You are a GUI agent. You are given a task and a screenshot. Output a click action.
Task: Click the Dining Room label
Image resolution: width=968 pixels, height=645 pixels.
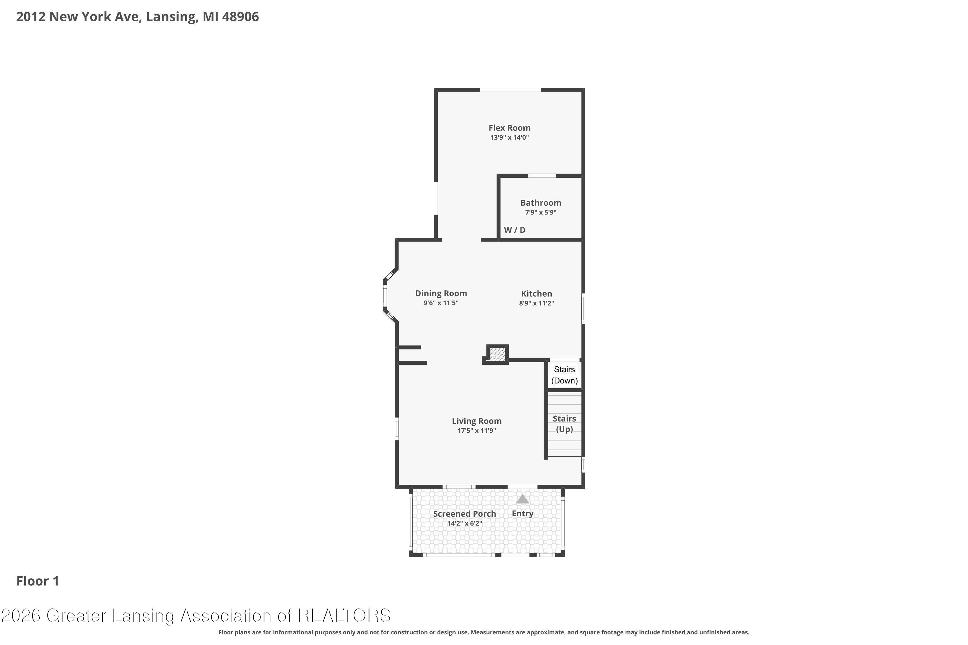pos(441,293)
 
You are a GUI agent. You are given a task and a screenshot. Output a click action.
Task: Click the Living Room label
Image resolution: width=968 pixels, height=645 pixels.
pos(477,421)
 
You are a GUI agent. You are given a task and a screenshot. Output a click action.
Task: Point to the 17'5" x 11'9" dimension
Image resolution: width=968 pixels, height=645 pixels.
pos(477,431)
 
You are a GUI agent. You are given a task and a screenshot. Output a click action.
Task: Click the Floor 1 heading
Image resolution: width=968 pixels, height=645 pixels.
pos(37,581)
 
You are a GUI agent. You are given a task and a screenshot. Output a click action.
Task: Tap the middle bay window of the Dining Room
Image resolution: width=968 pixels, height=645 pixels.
pos(385,295)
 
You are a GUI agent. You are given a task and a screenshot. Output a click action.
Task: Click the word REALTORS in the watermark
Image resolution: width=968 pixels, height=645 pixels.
pos(344,616)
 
